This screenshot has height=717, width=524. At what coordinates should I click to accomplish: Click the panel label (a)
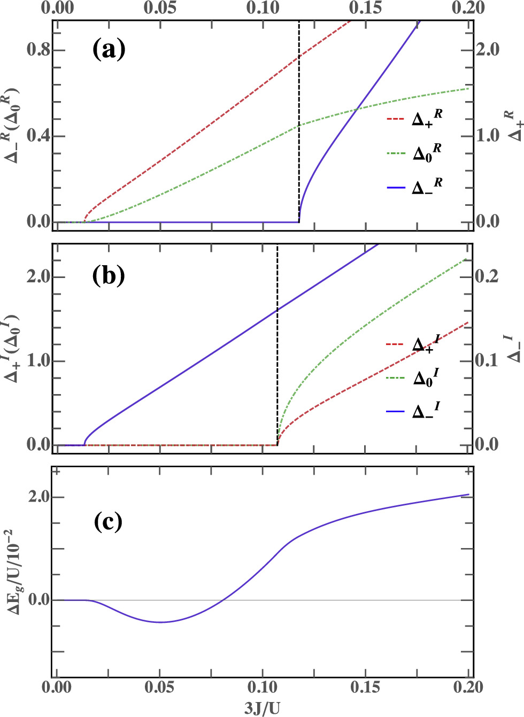109,50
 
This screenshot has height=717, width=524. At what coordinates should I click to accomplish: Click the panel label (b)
109,276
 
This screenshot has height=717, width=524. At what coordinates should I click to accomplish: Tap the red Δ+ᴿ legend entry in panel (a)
414,118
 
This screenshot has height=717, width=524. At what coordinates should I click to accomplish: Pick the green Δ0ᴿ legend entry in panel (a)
414,152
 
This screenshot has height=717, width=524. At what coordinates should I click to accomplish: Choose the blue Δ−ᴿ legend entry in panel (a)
414,187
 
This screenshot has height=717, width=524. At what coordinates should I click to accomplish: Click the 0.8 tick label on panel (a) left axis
38,50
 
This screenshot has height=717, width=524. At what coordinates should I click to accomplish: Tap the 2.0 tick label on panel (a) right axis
487,50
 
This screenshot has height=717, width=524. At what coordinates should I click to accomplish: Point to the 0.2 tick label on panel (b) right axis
487,276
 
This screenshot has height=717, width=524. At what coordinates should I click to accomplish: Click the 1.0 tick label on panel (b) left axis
38,361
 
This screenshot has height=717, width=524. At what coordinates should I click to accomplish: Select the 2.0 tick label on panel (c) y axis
38,497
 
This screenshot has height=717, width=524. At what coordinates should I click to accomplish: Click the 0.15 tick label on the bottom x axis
365,687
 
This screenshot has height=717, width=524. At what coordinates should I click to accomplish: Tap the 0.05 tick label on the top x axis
160,7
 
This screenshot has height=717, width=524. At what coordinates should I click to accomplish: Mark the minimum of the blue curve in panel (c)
160,622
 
